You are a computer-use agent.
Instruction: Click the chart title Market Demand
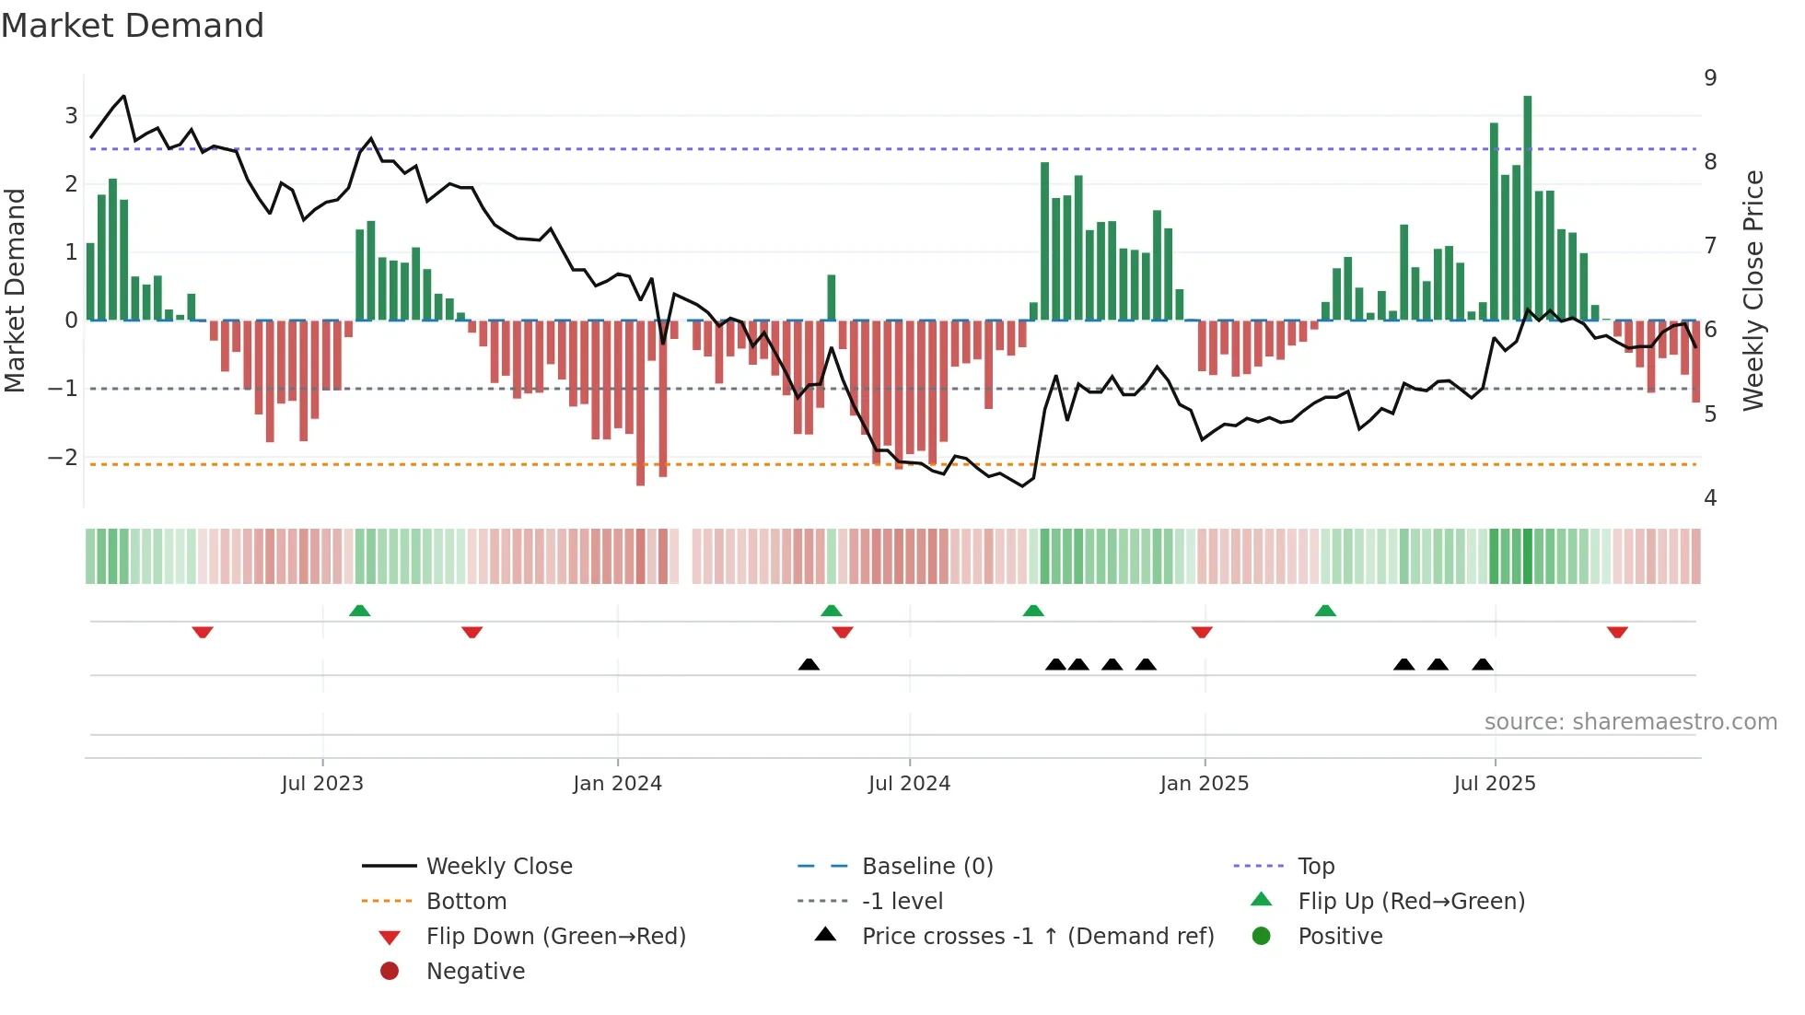pyautogui.click(x=133, y=26)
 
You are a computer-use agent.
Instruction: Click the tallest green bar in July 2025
pyautogui.click(x=1527, y=207)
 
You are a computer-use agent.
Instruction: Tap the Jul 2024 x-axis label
pyautogui.click(x=909, y=784)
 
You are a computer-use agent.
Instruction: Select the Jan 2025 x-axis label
pyautogui.click(x=1204, y=784)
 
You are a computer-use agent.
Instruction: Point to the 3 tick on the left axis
pyautogui.click(x=71, y=116)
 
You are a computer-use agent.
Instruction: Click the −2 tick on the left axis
pyautogui.click(x=64, y=458)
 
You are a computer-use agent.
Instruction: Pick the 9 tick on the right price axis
pyautogui.click(x=1710, y=78)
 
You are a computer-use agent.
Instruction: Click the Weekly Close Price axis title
pyautogui.click(x=1753, y=290)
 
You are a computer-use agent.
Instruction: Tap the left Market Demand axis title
pyautogui.click(x=16, y=290)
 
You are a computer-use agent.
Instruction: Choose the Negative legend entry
pyautogui.click(x=475, y=972)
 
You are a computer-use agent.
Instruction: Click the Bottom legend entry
pyautogui.click(x=466, y=902)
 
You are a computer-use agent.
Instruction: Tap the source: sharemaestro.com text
pyautogui.click(x=1630, y=722)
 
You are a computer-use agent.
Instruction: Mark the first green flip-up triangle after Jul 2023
pyautogui.click(x=360, y=611)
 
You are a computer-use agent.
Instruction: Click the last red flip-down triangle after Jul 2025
pyautogui.click(x=1617, y=632)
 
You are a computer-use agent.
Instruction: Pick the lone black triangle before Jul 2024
pyautogui.click(x=809, y=664)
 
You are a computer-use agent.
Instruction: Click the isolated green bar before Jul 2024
pyautogui.click(x=832, y=297)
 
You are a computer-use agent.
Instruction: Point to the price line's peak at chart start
pyautogui.click(x=123, y=96)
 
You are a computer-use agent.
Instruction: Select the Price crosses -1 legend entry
pyautogui.click(x=1038, y=937)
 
